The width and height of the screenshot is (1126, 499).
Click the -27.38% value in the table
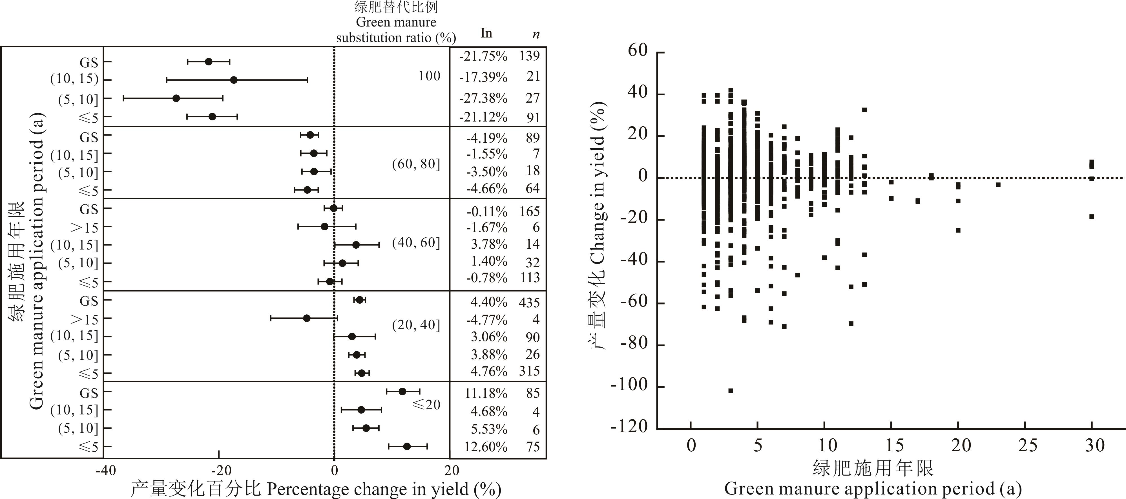[x=483, y=98]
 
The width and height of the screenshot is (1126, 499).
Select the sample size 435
[x=529, y=302]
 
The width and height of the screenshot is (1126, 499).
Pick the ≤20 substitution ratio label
[x=426, y=405]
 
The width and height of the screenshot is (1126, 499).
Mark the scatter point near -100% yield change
[x=730, y=390]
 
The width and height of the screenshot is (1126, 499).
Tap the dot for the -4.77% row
[x=306, y=318]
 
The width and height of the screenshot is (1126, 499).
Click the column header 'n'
[x=536, y=34]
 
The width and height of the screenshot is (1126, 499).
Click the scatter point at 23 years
[x=998, y=185]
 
